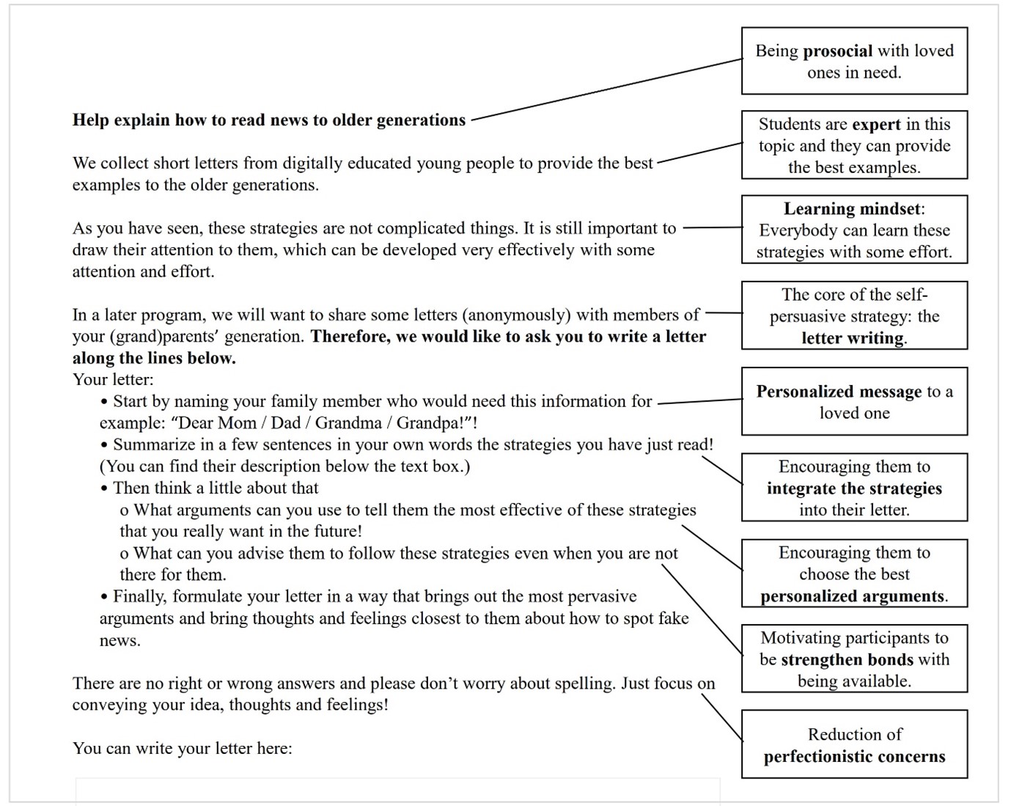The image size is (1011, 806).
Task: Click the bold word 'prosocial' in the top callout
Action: point(837,51)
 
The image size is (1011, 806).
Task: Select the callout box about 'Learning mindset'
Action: point(854,230)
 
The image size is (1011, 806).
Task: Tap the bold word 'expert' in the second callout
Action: point(876,124)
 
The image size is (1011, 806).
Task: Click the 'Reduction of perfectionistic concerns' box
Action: point(854,744)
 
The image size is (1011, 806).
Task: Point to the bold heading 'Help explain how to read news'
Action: point(268,120)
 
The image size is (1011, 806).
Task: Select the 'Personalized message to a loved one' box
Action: point(854,402)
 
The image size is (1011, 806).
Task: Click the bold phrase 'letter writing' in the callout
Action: point(853,338)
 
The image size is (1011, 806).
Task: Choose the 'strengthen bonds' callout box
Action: point(854,659)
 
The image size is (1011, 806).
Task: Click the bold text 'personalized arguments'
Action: point(852,596)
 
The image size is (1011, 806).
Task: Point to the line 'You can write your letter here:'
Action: point(182,749)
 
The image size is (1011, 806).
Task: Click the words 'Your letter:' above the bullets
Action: point(113,380)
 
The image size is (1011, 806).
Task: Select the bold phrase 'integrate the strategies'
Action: point(854,488)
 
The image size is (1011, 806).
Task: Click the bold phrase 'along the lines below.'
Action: point(154,359)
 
